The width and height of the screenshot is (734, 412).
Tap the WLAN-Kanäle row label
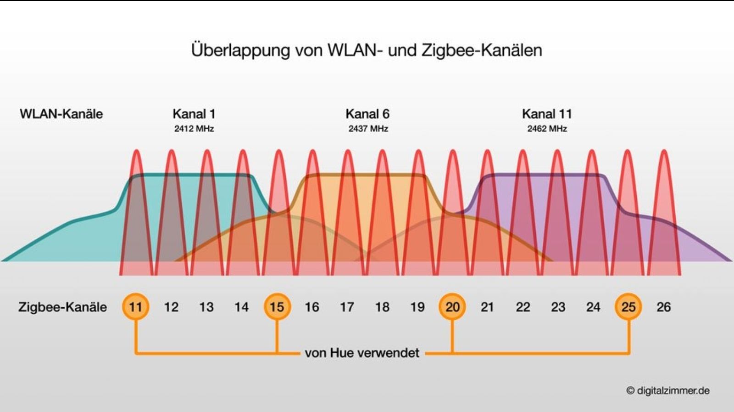click(61, 114)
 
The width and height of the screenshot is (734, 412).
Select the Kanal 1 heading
click(194, 114)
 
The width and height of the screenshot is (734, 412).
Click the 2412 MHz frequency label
click(194, 129)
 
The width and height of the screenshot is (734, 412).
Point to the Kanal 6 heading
click(367, 114)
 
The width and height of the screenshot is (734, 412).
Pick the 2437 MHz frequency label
click(368, 129)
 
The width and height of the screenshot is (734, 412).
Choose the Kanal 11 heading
click(547, 114)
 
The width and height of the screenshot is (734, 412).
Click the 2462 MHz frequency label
click(547, 129)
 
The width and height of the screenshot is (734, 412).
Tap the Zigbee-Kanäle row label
click(62, 307)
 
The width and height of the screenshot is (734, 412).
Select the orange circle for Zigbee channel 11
click(135, 306)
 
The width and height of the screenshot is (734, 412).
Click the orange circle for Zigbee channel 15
click(277, 306)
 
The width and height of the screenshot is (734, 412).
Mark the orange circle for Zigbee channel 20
click(452, 306)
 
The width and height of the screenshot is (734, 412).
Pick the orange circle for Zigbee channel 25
click(628, 306)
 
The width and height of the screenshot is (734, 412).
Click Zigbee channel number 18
click(382, 307)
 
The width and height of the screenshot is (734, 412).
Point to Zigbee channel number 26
click(663, 307)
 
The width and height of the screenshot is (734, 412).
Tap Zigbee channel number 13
click(206, 307)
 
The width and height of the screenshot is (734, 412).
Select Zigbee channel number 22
click(523, 307)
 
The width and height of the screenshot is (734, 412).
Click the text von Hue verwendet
click(362, 353)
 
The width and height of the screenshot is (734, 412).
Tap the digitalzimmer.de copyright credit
click(668, 390)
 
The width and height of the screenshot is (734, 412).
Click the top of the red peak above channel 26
click(663, 152)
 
